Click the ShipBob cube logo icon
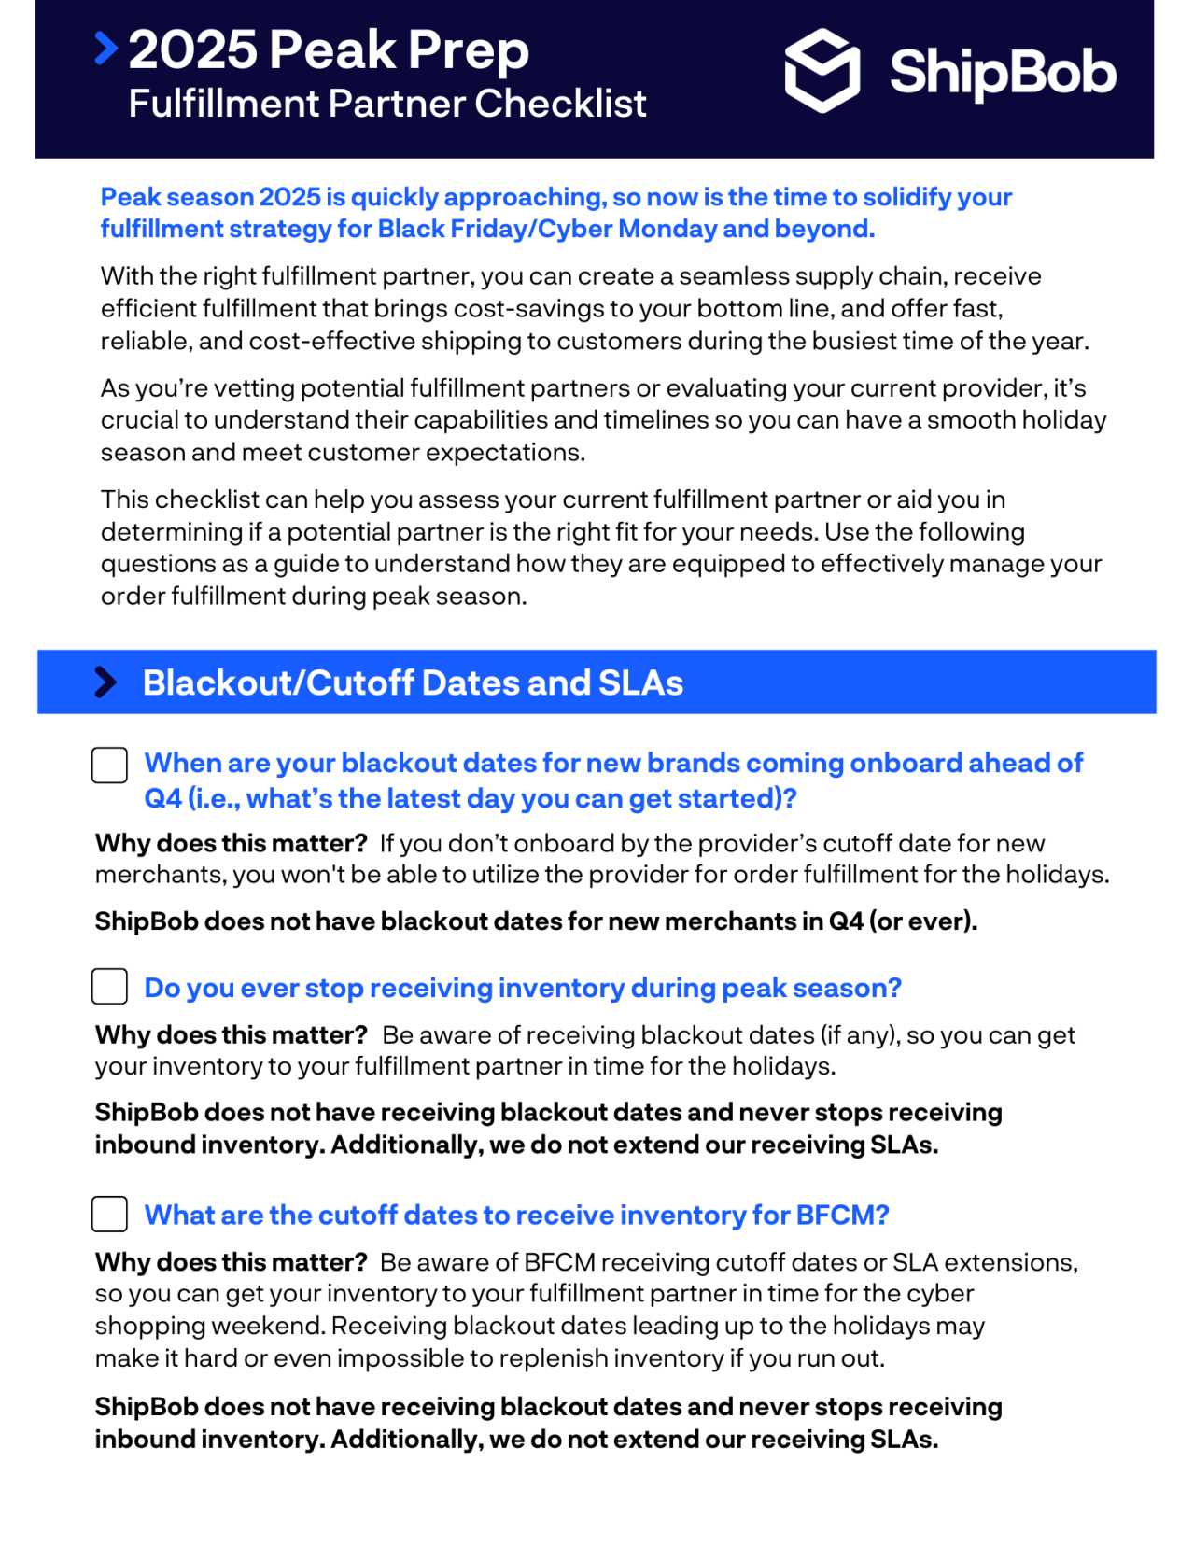822,71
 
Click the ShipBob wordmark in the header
1002,73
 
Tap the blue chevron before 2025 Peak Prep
106,49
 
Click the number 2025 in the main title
192,50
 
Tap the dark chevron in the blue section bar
105,682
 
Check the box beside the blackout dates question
109,766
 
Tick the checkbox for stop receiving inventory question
109,987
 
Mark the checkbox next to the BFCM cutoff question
109,1215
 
